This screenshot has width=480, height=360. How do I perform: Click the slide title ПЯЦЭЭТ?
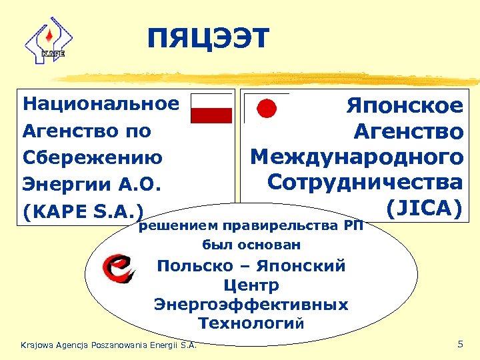[x=208, y=39]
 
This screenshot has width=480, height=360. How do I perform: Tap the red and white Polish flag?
[x=211, y=108]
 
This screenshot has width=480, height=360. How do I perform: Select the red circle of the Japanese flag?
[x=267, y=108]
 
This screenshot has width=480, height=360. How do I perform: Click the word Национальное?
[x=101, y=104]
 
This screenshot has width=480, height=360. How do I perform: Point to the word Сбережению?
[x=93, y=158]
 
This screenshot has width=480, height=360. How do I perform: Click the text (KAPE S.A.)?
[x=83, y=212]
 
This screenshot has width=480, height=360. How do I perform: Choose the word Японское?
[x=404, y=105]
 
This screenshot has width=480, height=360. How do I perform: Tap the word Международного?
[x=357, y=157]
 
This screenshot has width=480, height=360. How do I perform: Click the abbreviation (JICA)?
[x=424, y=208]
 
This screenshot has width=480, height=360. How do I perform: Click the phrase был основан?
[x=251, y=245]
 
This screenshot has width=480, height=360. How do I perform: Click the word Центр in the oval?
[x=251, y=285]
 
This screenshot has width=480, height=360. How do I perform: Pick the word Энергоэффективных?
[x=251, y=305]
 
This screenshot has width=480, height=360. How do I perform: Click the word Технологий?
[x=251, y=323]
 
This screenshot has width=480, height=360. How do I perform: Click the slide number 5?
[x=460, y=344]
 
